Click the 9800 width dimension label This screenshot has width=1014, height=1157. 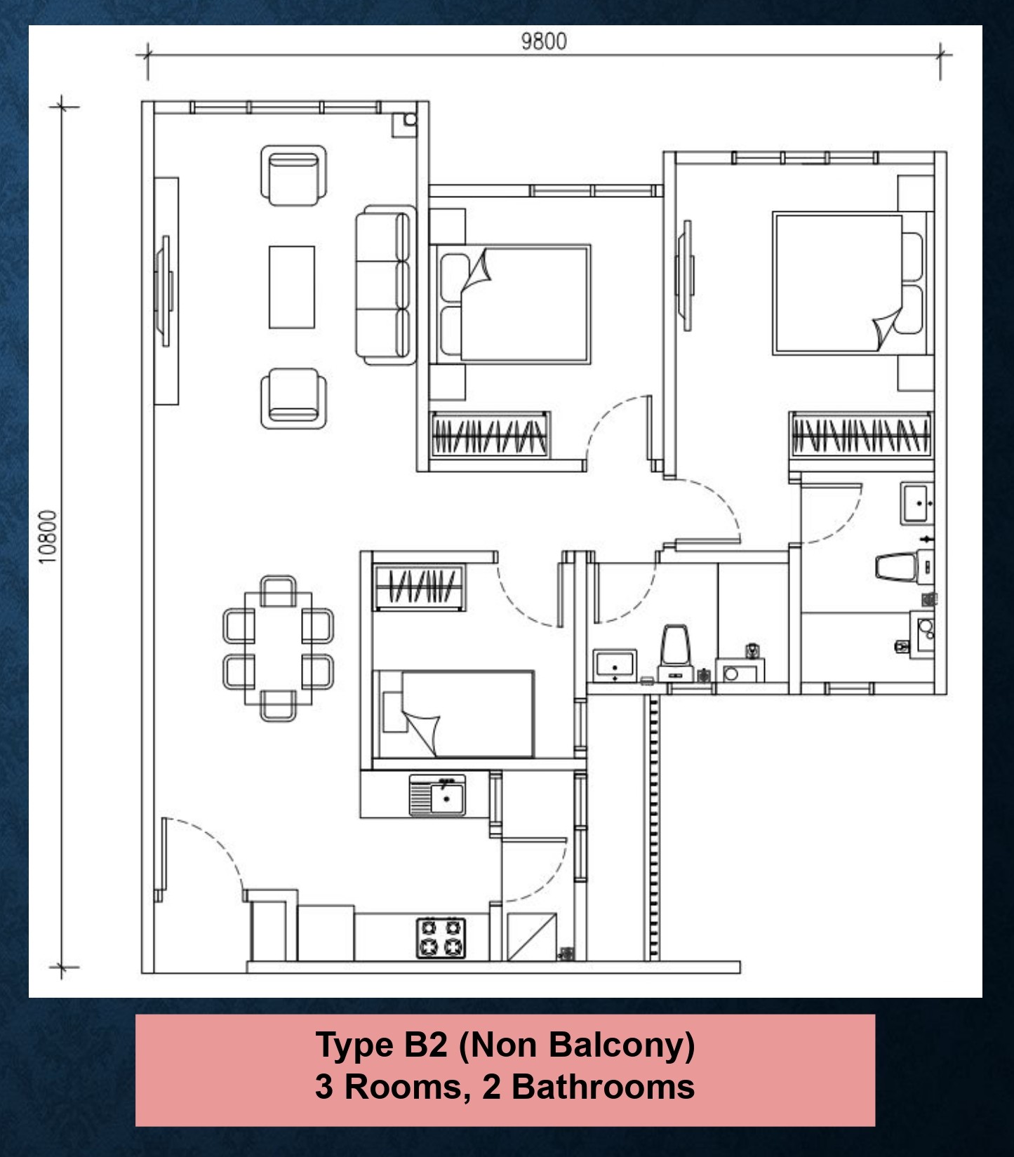[543, 41]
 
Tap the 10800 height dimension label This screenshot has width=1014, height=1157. [47, 537]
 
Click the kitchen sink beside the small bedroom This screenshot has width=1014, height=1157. [438, 795]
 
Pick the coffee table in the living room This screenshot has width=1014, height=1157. [292, 287]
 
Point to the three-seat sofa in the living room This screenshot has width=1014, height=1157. [385, 285]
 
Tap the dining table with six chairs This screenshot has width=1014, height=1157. [279, 648]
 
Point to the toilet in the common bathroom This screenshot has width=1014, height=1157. [676, 643]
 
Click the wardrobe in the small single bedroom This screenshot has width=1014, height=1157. [420, 586]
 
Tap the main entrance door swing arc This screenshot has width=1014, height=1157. [207, 852]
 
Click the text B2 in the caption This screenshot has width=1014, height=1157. [425, 1044]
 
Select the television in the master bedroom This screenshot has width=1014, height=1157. [685, 274]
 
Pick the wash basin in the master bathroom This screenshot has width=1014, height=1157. [918, 502]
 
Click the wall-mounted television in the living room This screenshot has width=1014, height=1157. [166, 290]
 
